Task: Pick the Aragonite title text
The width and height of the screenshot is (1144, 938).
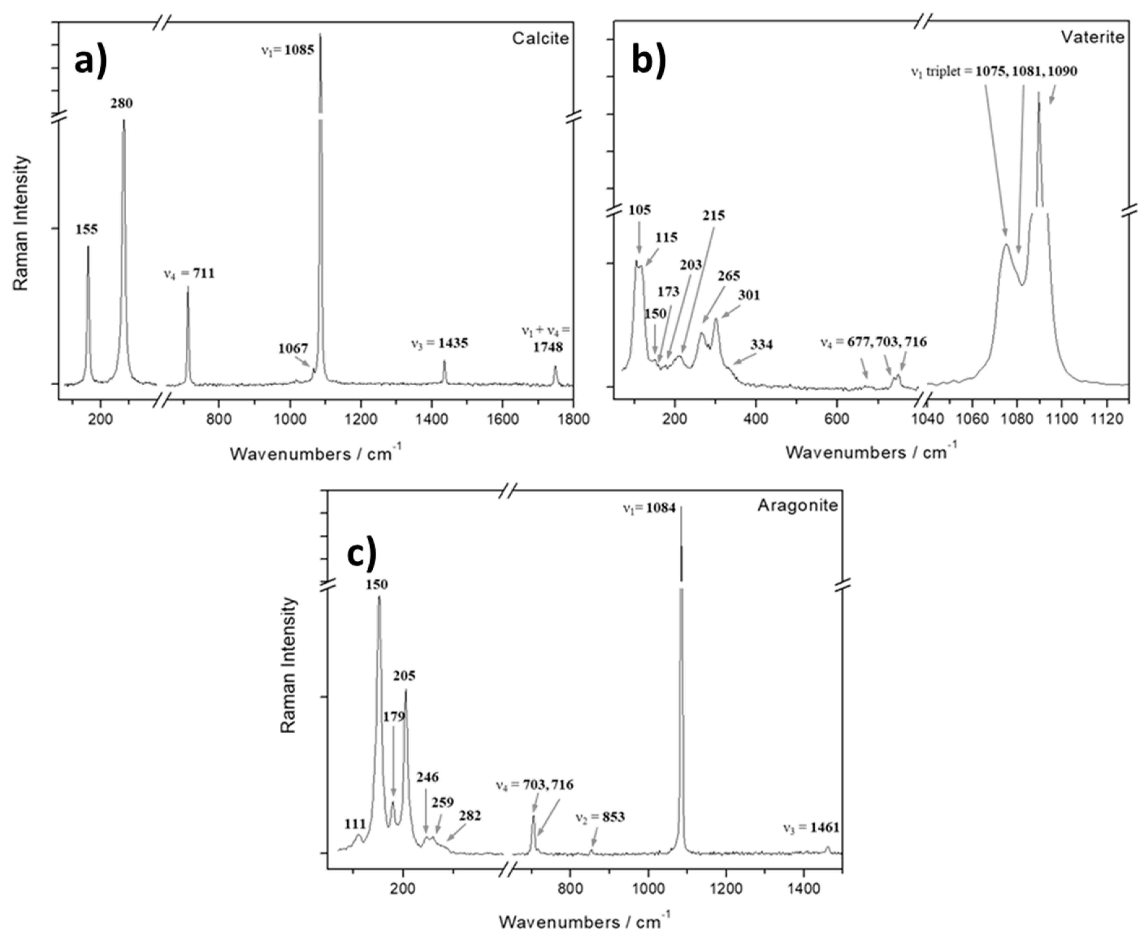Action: click(x=797, y=505)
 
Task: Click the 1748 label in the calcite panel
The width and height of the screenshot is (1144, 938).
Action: click(x=548, y=347)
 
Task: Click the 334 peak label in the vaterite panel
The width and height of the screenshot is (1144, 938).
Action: click(x=761, y=344)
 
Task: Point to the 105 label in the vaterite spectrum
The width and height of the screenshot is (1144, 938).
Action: click(x=639, y=210)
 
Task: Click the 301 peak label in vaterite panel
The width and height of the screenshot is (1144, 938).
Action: click(x=749, y=295)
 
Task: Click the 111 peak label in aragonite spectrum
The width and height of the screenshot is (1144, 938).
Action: click(x=355, y=824)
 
